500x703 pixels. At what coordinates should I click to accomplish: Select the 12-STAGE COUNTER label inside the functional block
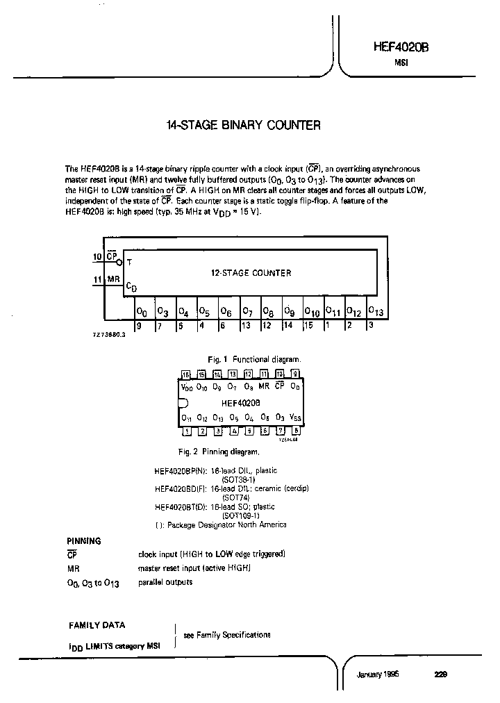tap(251, 273)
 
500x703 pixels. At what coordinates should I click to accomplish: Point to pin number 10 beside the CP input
tap(97, 257)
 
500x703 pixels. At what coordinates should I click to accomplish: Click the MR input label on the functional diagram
tap(113, 280)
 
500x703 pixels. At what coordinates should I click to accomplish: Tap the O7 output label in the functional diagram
tap(247, 312)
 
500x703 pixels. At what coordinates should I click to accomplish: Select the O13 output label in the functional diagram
tap(374, 311)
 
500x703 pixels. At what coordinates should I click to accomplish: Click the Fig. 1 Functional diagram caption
tap(254, 359)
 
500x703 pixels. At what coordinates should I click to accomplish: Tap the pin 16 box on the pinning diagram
tap(185, 374)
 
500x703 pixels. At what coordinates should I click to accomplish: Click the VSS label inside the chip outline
tap(295, 418)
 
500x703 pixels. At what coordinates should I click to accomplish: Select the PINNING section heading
tap(83, 540)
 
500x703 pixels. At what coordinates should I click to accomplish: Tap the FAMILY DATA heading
tap(97, 625)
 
